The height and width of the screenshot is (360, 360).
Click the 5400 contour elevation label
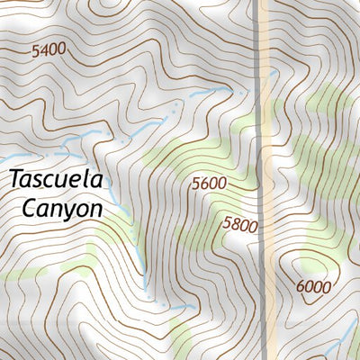(x=49, y=51)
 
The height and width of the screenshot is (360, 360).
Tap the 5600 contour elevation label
(x=208, y=184)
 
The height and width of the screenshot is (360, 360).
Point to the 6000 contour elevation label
(x=313, y=287)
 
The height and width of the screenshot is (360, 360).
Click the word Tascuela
(x=57, y=178)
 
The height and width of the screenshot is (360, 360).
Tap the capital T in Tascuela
(x=15, y=178)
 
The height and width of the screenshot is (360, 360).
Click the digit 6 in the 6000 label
(x=301, y=287)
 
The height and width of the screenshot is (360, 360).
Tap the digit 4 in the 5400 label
(x=44, y=51)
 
